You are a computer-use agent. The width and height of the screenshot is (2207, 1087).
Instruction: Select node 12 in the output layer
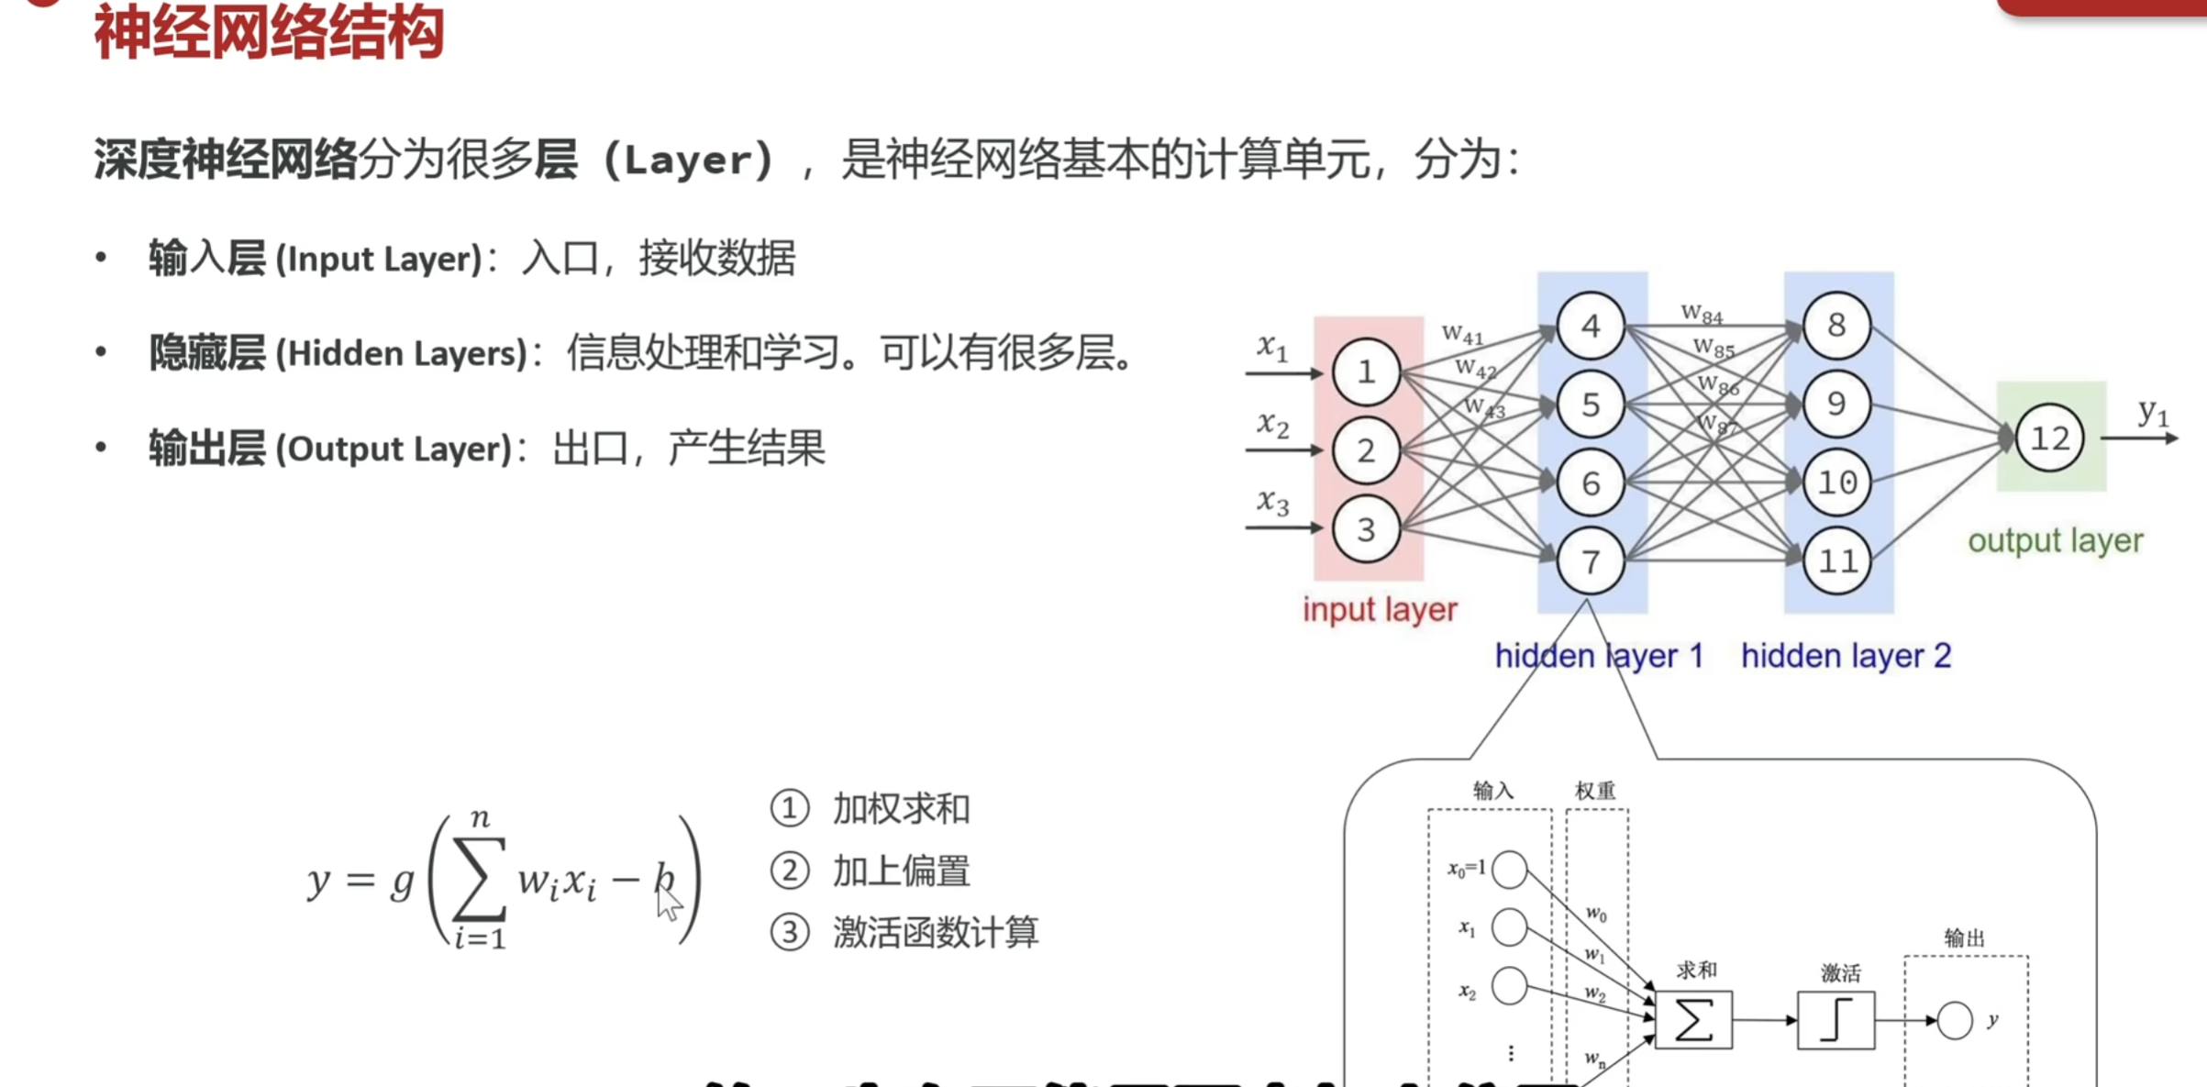tap(2049, 438)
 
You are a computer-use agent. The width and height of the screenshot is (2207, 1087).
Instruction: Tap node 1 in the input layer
tap(1365, 372)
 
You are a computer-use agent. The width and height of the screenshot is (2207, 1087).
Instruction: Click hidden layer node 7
tap(1591, 561)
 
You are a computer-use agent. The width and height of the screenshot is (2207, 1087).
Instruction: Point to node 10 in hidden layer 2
tap(1836, 482)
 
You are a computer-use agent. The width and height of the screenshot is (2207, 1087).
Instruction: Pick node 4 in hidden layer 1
tap(1591, 326)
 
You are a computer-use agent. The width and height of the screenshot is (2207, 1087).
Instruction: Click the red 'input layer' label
tap(1380, 610)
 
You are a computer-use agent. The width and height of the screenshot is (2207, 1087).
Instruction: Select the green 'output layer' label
tap(2055, 541)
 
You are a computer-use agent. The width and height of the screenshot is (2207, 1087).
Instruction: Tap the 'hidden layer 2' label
tap(1846, 657)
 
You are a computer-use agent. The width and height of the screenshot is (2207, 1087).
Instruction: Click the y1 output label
tap(2152, 413)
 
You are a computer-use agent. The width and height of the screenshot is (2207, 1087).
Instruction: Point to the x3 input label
tap(1272, 502)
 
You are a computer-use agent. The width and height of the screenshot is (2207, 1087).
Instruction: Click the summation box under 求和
tap(1693, 1020)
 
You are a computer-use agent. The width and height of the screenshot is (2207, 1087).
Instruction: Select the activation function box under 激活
tap(1835, 1020)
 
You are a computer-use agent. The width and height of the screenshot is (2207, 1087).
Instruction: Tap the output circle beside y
tap(1954, 1021)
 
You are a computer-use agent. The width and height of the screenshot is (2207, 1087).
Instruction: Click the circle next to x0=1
tap(1510, 870)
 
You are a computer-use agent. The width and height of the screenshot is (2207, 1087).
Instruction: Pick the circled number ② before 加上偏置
tap(790, 871)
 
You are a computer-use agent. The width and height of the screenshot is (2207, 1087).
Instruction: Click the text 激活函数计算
tap(935, 933)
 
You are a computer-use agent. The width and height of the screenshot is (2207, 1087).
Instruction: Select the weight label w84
tap(1702, 315)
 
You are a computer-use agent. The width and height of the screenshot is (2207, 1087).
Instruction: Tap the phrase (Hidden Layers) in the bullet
tap(402, 354)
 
